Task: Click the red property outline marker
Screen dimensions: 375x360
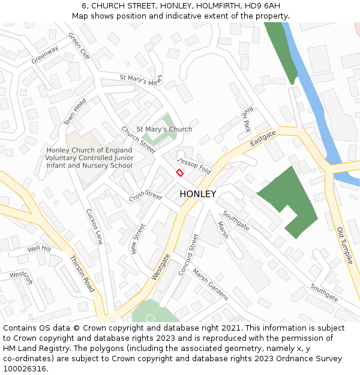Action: [179, 173]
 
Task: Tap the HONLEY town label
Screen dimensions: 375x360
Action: [197, 194]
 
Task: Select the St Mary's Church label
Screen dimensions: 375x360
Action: [164, 129]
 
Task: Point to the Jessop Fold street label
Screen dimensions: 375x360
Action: [194, 166]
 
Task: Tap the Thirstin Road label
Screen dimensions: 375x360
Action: [82, 274]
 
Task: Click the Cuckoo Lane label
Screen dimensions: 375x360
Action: [94, 227]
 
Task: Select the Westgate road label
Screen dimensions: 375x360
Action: [160, 266]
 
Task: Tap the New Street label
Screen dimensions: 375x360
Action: [139, 239]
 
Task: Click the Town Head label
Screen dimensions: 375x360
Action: [75, 112]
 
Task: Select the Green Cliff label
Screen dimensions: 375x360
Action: [79, 46]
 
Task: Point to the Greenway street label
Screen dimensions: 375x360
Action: [45, 55]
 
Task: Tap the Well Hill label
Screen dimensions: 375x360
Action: [39, 248]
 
